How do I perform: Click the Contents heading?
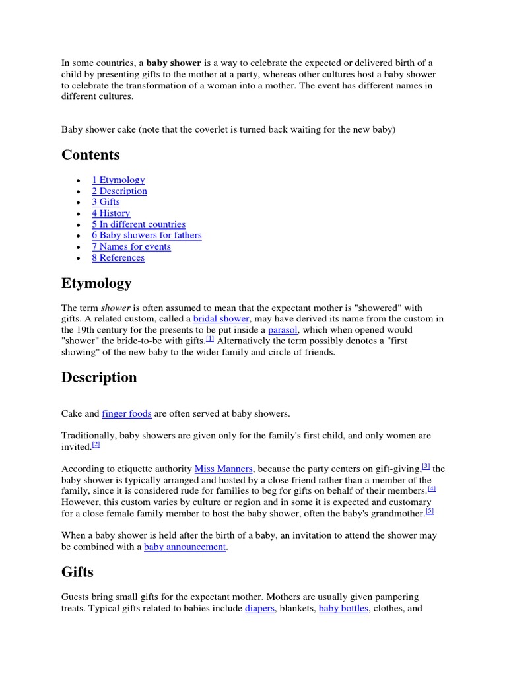90,155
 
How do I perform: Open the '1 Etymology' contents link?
118,180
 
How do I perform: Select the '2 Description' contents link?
119,191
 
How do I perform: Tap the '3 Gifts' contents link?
106,202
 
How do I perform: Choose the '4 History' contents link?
111,213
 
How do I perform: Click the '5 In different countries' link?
139,224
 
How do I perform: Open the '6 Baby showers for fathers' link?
147,235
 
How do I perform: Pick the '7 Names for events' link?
131,246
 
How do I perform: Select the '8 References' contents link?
118,257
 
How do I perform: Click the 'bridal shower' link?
221,319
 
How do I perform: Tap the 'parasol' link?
283,329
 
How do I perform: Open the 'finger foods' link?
127,413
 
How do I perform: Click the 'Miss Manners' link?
223,469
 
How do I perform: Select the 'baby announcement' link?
185,547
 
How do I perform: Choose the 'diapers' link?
259,608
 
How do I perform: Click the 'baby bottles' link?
343,608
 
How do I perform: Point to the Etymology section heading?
96,283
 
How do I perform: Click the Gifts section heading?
77,572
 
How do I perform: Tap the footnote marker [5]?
430,511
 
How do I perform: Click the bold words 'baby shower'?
174,63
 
